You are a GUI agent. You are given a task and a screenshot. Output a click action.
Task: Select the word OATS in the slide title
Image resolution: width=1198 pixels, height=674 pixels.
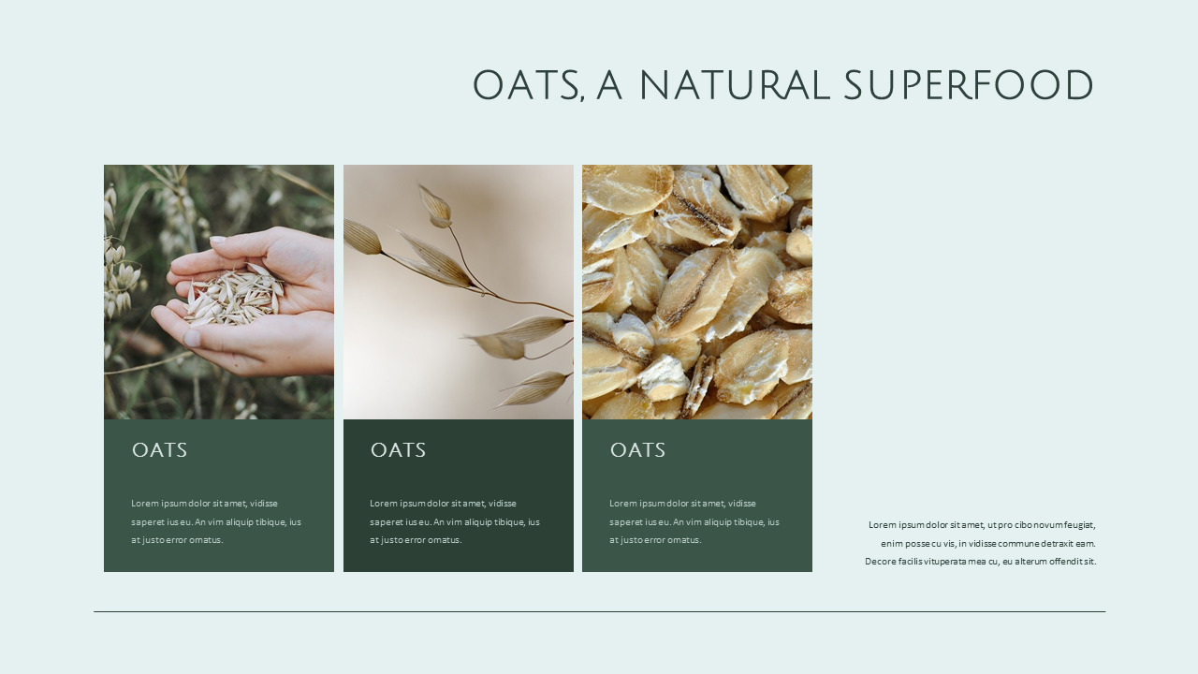(528, 86)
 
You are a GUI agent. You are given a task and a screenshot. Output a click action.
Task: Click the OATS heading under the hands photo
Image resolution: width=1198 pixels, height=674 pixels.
(159, 450)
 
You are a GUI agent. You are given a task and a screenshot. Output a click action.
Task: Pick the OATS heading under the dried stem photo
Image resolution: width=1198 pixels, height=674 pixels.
(398, 450)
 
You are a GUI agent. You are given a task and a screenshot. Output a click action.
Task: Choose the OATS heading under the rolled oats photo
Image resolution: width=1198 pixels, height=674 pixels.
(637, 450)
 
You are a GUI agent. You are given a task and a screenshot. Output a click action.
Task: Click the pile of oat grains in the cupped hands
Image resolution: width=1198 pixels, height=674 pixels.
(234, 298)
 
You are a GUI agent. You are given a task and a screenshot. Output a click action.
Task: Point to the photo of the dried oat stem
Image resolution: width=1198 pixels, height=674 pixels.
(458, 292)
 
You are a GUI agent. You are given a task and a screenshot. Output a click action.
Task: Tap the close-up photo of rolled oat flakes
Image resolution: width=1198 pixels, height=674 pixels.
(697, 292)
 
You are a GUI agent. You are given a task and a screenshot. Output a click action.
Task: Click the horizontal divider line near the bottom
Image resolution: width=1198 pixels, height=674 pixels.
(599, 611)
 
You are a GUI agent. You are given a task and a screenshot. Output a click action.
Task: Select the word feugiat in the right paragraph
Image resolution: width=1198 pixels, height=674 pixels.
(1076, 525)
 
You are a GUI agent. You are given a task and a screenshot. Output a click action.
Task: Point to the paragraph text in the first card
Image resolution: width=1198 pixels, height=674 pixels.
(216, 521)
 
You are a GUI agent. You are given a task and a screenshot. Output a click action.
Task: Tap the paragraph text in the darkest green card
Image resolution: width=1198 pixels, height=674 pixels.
(455, 521)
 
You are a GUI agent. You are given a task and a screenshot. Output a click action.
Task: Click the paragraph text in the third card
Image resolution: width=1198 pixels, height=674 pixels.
(694, 521)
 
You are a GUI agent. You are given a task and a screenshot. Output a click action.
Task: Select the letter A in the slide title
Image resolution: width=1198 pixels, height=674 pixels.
(609, 86)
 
